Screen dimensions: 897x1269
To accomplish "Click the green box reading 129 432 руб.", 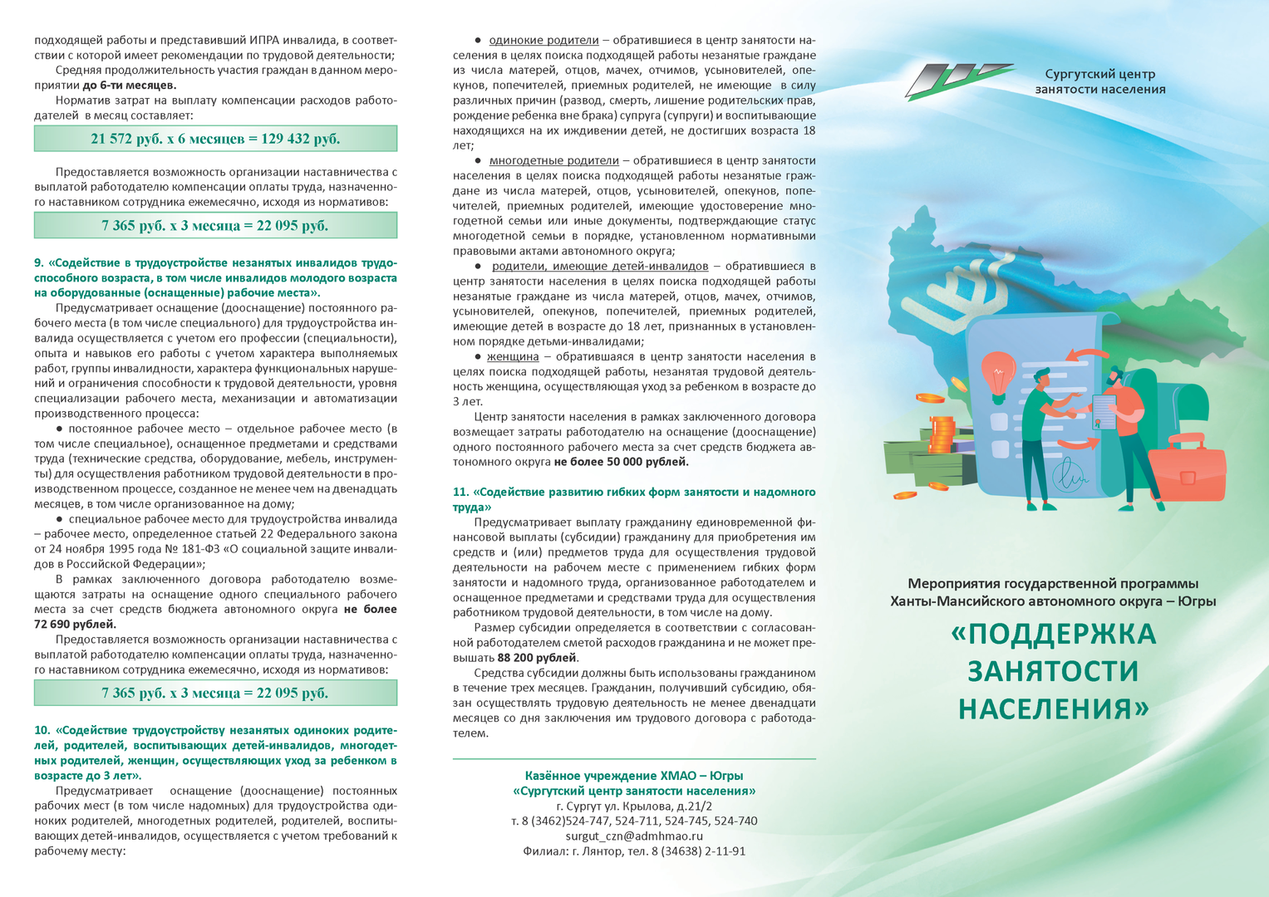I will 215,139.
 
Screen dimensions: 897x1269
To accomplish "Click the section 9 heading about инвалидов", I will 215,277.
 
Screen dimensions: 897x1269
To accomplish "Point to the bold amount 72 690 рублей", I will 75,625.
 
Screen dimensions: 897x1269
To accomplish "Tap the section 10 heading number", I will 42,731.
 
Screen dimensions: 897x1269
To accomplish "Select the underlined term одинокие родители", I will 544,41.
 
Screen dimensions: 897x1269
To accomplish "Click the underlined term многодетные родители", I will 553,161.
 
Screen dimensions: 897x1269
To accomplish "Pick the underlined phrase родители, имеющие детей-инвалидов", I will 599,267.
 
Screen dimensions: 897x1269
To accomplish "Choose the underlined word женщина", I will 513,357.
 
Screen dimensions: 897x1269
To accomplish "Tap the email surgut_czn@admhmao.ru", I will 634,836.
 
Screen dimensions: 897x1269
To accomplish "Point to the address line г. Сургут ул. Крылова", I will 634,806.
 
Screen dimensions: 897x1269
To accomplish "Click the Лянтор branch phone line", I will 634,851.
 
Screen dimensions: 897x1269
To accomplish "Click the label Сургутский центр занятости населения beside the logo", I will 1099,82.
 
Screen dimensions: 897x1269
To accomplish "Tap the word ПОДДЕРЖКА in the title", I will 1053,634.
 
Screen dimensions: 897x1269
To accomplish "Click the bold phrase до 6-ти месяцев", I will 130,86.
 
